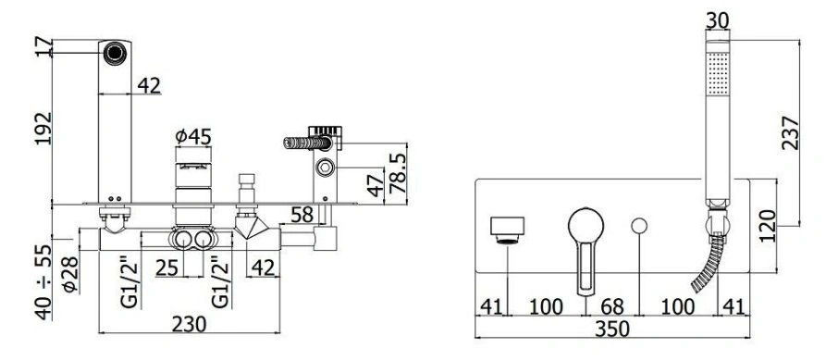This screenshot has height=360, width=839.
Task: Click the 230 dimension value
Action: (x=189, y=324)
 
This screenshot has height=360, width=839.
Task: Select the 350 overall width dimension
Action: (x=612, y=329)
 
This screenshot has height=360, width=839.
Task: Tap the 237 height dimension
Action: (x=790, y=133)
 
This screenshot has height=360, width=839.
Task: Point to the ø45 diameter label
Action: (x=193, y=136)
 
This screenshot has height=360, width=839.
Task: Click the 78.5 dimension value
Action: (x=398, y=173)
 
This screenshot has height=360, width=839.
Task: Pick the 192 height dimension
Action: (x=43, y=128)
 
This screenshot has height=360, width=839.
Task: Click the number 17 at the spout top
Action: (x=43, y=48)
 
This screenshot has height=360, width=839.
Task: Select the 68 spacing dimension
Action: (x=611, y=307)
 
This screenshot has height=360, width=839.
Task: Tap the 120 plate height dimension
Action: (x=767, y=226)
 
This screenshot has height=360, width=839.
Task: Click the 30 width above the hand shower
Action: (x=718, y=20)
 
